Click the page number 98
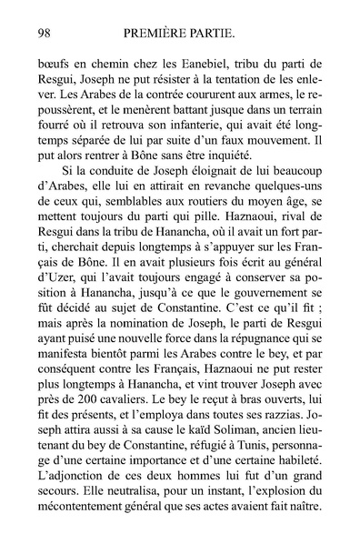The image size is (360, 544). pyautogui.click(x=41, y=34)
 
